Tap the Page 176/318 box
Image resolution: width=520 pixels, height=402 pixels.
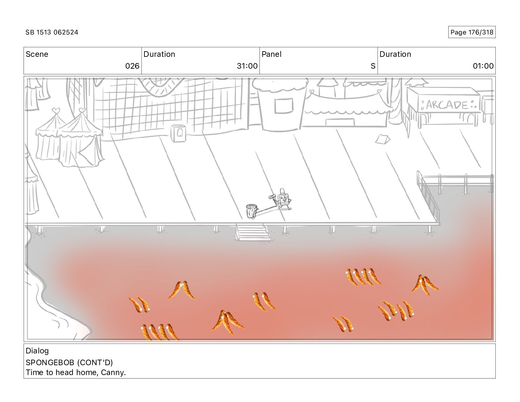coord(472,32)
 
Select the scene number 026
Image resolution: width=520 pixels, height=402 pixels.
coord(132,66)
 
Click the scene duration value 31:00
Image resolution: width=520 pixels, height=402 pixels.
coord(247,66)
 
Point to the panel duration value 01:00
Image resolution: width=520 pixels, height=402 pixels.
coord(483,66)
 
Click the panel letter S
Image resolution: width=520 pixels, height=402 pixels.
coord(373,66)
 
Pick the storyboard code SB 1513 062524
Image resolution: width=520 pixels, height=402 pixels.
coord(52,32)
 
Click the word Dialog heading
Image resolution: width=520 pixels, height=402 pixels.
coord(37,351)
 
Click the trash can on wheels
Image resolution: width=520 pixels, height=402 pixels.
coord(251,211)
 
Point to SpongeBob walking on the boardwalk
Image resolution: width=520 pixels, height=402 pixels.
coord(283,199)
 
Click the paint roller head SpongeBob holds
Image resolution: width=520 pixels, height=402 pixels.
coord(272,197)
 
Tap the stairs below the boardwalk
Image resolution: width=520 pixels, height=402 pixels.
coord(252,232)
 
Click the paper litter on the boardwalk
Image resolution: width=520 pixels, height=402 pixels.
coord(382,139)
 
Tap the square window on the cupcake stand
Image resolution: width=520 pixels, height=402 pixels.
coord(283,106)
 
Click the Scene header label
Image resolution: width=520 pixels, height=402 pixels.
coord(37,54)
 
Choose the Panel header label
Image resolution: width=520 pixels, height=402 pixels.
coord(271,54)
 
